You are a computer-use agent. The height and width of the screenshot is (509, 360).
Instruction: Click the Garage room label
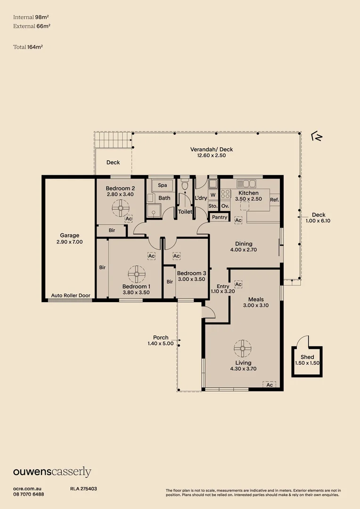(x=69, y=235)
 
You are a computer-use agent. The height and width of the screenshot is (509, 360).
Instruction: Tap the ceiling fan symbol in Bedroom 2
(x=121, y=208)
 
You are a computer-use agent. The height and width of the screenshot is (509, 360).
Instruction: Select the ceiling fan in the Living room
(x=243, y=349)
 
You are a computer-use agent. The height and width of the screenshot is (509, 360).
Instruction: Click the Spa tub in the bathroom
(x=162, y=185)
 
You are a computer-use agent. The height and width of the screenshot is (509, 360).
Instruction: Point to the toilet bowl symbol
(x=185, y=185)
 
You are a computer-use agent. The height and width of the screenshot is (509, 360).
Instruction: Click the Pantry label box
(x=220, y=217)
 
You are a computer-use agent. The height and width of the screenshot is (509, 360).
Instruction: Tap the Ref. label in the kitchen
(x=274, y=200)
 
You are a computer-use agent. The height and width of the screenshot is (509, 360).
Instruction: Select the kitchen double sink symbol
(x=246, y=184)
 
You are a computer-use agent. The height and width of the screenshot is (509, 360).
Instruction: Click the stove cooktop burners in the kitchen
(x=225, y=195)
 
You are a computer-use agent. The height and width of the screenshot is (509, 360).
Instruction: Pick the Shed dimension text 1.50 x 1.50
(x=307, y=363)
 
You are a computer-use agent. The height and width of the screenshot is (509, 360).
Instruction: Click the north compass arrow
(x=317, y=137)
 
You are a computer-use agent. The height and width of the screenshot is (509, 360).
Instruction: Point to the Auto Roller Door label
(x=70, y=296)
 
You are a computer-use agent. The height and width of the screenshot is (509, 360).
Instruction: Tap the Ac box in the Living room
(x=270, y=385)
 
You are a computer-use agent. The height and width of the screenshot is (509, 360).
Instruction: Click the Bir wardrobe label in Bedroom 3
(x=170, y=282)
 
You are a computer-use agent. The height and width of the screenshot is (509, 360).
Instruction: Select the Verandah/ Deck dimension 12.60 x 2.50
(x=211, y=156)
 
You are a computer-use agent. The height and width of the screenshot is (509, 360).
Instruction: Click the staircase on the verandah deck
(x=113, y=140)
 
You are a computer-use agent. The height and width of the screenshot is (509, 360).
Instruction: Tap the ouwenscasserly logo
(x=52, y=472)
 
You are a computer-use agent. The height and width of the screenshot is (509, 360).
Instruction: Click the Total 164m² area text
(x=28, y=47)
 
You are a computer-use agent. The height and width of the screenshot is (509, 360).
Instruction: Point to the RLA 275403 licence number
(x=83, y=489)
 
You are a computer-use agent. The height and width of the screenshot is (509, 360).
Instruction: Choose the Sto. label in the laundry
(x=213, y=206)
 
